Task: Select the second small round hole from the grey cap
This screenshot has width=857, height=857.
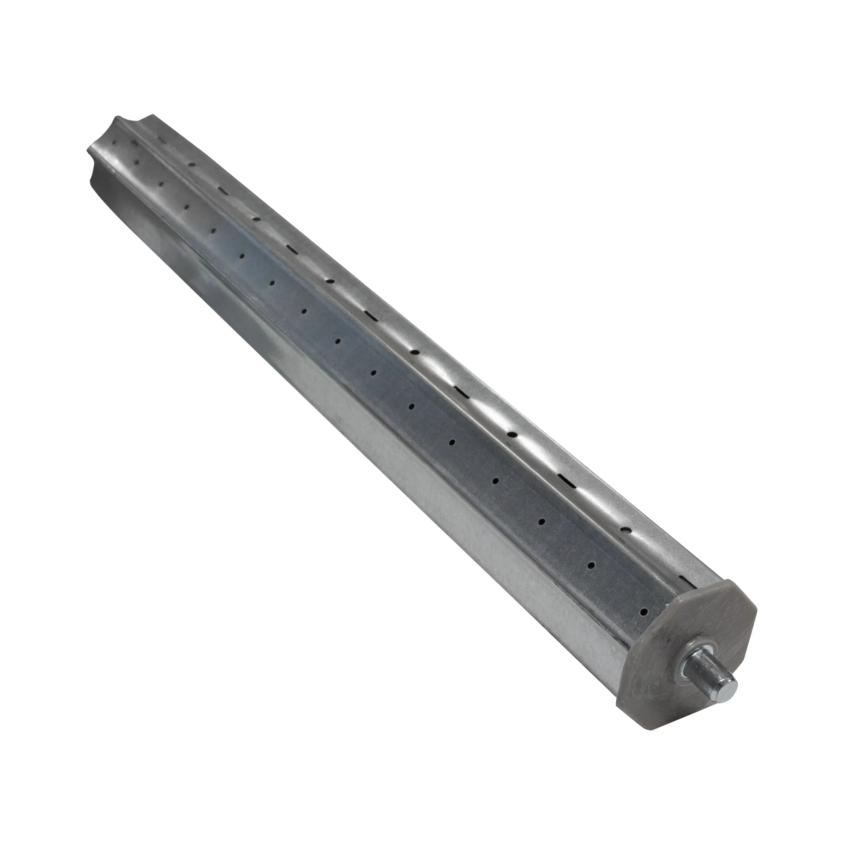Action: point(591,566)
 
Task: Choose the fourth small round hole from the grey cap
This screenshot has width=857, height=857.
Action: point(496,480)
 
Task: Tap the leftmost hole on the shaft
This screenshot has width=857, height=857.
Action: point(115,143)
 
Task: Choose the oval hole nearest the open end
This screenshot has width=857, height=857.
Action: point(192,165)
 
